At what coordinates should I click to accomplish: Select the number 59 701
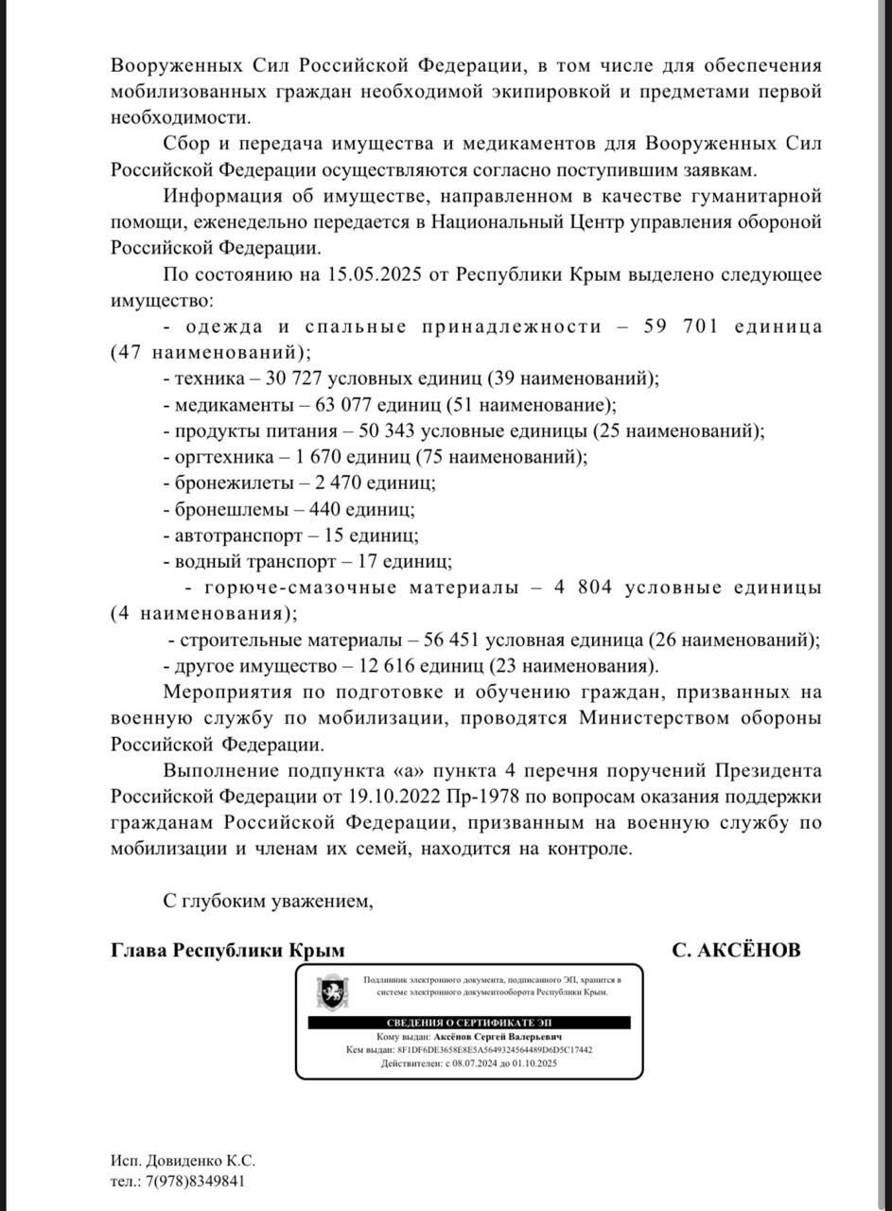681,326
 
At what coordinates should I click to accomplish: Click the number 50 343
387,430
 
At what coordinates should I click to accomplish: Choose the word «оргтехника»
221,456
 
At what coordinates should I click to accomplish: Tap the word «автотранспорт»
236,535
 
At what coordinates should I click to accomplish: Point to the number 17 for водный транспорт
368,561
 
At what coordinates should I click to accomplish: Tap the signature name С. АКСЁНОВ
736,950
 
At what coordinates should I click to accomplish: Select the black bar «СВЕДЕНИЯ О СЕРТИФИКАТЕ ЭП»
470,1025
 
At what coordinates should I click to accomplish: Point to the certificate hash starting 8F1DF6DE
495,1049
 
